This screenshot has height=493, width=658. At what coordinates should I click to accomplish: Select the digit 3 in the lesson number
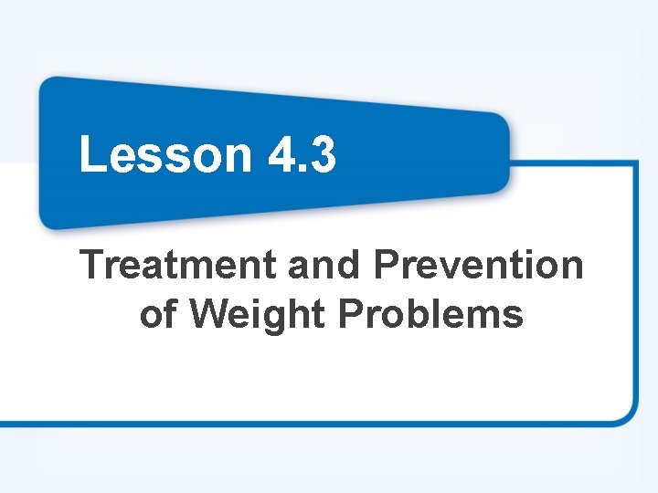tap(321, 153)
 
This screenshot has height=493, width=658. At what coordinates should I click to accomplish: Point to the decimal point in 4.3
tap(301, 169)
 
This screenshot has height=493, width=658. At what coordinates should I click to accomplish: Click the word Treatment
tap(179, 266)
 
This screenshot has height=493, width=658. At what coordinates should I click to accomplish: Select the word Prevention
tap(477, 266)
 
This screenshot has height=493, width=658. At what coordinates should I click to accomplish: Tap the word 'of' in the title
tap(157, 314)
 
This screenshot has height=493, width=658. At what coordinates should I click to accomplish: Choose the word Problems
tap(430, 314)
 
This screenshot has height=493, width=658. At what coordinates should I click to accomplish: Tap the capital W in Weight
tap(212, 314)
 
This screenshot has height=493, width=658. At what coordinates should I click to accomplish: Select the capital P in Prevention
tap(385, 266)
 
